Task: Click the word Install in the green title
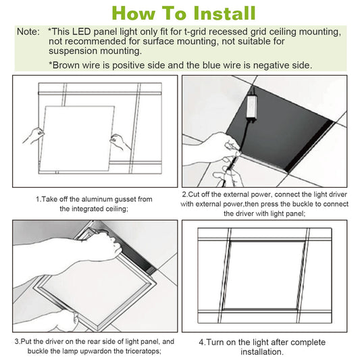click(x=220, y=13)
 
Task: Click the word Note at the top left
click(x=28, y=32)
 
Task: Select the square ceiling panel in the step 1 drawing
click(x=76, y=135)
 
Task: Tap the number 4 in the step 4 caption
click(x=201, y=342)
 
